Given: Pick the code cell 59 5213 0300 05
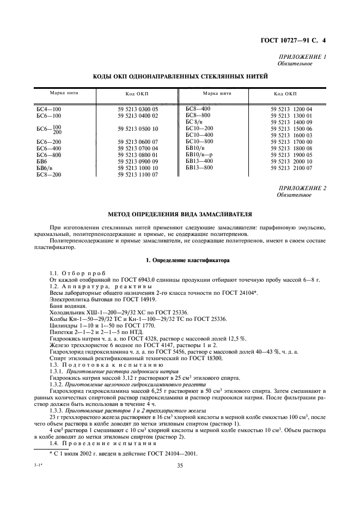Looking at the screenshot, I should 138,110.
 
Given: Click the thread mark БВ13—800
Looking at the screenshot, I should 198,168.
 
